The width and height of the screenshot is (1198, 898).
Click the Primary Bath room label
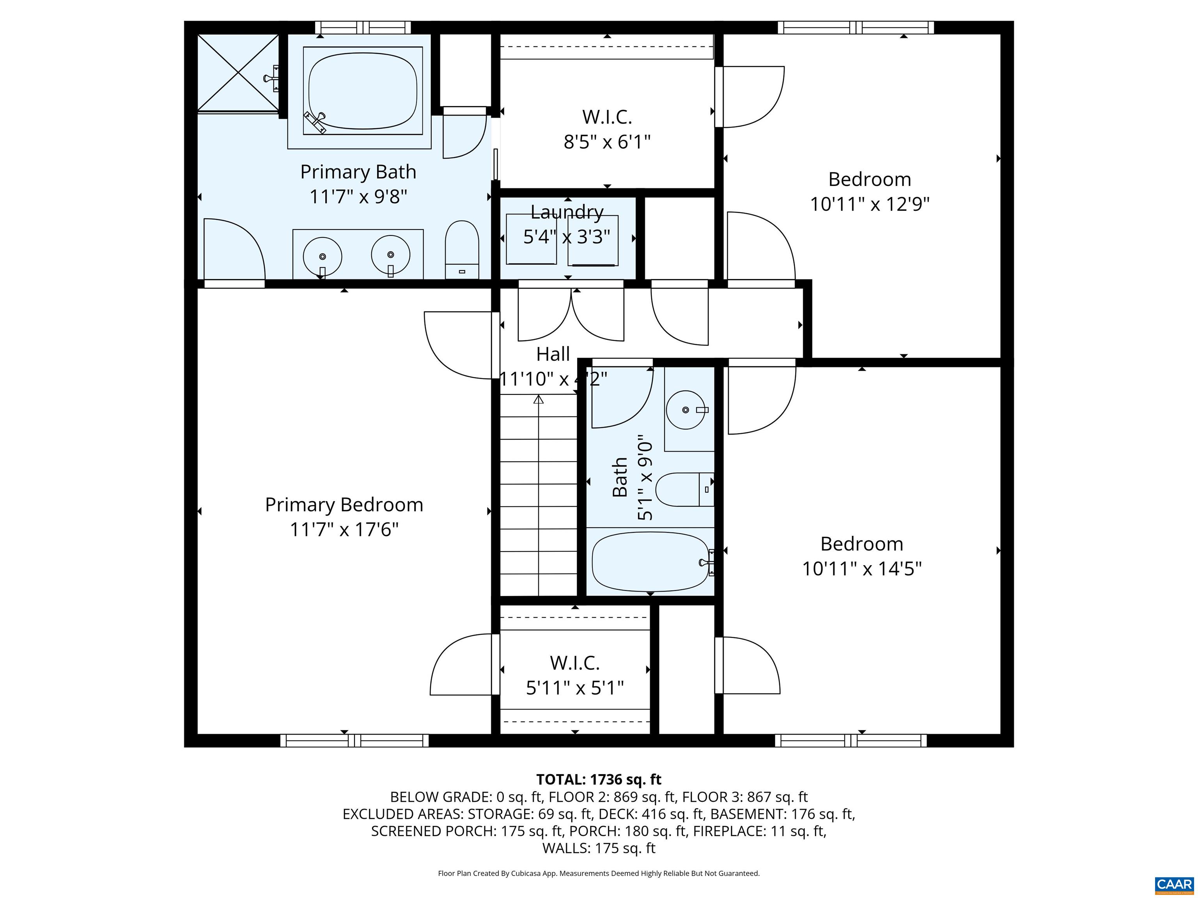[x=358, y=172]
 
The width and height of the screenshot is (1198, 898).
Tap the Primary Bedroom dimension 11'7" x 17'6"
[x=344, y=529]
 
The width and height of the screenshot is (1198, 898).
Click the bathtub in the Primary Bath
[x=362, y=90]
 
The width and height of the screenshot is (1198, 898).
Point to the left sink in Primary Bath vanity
[x=322, y=256]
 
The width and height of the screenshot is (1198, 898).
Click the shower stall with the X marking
[x=238, y=72]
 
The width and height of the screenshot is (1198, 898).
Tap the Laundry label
[x=567, y=212]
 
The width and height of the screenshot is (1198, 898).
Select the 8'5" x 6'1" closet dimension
[x=607, y=142]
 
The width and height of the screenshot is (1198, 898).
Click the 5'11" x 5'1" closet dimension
[x=575, y=688]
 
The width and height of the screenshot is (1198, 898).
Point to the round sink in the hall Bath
[x=686, y=410]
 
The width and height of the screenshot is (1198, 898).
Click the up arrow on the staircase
[x=538, y=400]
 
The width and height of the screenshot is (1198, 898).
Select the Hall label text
[x=553, y=354]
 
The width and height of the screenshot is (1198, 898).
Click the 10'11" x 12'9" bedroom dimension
[x=870, y=205]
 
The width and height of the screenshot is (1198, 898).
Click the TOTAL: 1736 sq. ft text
[x=599, y=780]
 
